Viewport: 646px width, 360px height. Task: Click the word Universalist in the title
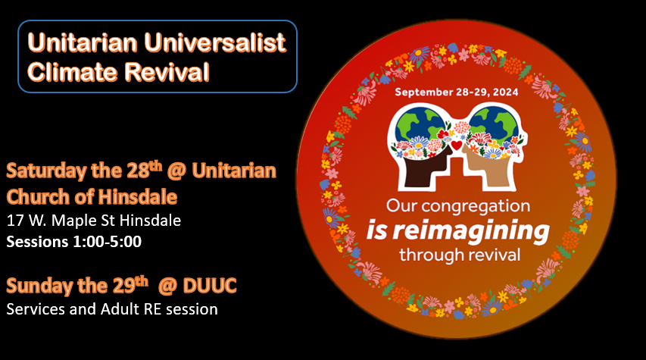(214, 42)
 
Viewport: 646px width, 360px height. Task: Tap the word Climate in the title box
(73, 72)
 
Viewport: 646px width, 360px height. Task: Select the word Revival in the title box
(167, 72)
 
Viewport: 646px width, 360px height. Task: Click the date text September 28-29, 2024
(457, 92)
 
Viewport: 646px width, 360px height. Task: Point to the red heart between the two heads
(457, 146)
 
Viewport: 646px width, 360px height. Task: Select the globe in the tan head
(494, 124)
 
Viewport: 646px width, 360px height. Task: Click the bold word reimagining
(471, 231)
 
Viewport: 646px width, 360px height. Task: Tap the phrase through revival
(460, 255)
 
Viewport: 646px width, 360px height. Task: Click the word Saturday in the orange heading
(46, 171)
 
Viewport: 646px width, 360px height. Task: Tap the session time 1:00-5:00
(107, 242)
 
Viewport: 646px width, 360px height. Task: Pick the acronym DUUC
(210, 286)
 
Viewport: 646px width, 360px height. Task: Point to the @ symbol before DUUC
(167, 286)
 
